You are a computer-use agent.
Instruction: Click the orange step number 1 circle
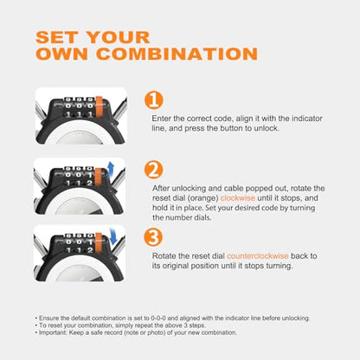coord(154,100)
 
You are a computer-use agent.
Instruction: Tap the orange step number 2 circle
coord(154,170)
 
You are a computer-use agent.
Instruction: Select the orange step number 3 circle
coord(153,237)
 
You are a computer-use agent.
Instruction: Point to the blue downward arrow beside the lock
coord(112,235)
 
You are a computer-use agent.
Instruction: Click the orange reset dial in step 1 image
coord(99,107)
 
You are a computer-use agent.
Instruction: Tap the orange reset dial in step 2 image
coord(98,177)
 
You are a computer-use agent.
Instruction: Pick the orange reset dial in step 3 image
coord(99,242)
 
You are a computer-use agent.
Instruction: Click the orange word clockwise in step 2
coord(238,198)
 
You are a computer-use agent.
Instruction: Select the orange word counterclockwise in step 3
coord(258,256)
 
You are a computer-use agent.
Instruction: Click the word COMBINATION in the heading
coord(177,54)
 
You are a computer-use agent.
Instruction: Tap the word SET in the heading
coord(57,37)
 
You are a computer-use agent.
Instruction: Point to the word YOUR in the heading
coord(119,37)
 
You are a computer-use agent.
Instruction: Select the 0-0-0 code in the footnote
coord(158,318)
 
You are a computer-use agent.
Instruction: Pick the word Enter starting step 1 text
coord(161,119)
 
